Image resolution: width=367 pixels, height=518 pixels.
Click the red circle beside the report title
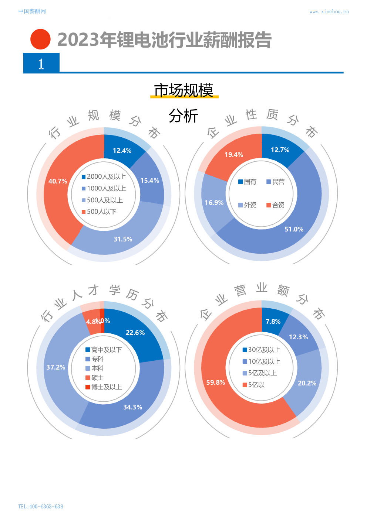(40, 39)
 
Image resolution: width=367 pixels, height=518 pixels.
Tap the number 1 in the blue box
(41, 64)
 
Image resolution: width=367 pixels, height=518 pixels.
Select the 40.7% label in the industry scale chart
(58, 181)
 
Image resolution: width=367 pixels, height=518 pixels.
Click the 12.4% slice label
(122, 151)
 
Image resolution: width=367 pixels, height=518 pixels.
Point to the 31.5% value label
(123, 239)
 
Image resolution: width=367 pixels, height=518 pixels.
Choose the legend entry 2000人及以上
(104, 176)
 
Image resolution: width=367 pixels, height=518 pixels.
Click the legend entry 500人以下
(99, 212)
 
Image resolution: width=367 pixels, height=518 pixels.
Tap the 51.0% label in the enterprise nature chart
(294, 229)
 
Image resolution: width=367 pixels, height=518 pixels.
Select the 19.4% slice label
(234, 155)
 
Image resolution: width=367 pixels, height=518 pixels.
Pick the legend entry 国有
(248, 182)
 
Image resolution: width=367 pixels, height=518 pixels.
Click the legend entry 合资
(276, 205)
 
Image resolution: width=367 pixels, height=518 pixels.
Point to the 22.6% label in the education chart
(135, 333)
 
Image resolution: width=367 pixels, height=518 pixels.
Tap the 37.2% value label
(55, 367)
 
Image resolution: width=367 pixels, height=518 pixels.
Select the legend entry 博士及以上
(104, 387)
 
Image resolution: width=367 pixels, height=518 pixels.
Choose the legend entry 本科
(95, 368)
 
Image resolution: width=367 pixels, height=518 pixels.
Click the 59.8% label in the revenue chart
(216, 383)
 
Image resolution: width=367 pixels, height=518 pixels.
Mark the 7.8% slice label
(273, 322)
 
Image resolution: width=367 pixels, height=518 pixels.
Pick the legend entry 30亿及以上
(262, 350)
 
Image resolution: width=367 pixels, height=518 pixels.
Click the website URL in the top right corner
(329, 11)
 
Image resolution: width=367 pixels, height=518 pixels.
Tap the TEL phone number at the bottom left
(41, 506)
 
